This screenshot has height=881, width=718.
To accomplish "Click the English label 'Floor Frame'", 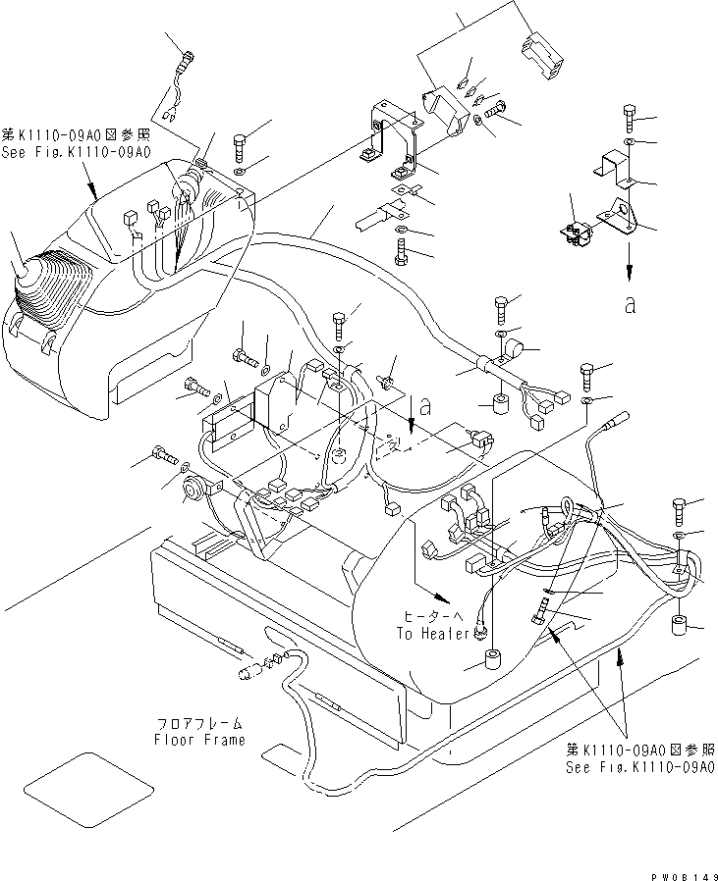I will point(198,739).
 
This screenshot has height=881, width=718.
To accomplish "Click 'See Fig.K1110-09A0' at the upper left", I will point(76,152).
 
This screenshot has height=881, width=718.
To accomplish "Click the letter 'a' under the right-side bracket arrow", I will point(629,304).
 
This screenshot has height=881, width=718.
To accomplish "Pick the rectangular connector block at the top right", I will point(543,49).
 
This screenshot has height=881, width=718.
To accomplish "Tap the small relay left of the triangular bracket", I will point(580,234).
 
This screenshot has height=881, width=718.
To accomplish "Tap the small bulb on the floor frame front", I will point(249,673).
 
